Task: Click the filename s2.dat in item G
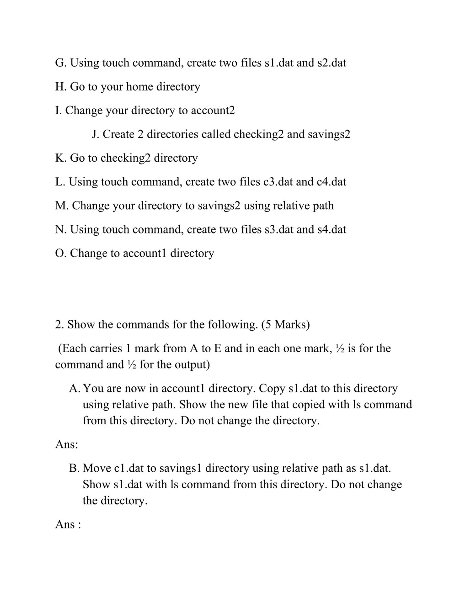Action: [x=332, y=63]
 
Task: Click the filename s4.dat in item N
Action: [x=332, y=230]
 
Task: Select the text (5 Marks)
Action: [x=286, y=325]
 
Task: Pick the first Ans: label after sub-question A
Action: [x=67, y=445]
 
